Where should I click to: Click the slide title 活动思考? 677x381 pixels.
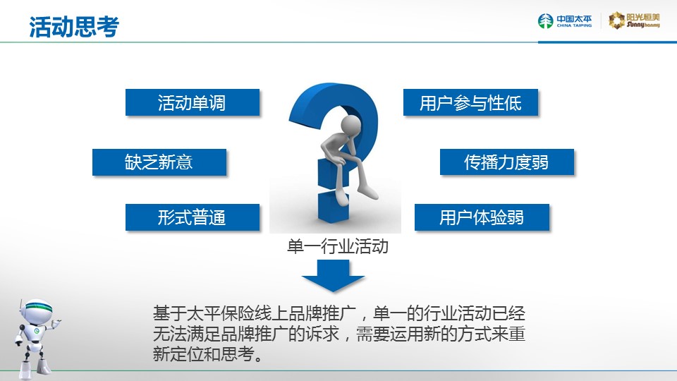tap(74, 27)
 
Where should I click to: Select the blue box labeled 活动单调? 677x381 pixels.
tap(193, 102)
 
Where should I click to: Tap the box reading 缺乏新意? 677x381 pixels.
tap(159, 162)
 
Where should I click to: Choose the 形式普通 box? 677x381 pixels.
tap(193, 217)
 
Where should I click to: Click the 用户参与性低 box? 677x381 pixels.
tap(470, 102)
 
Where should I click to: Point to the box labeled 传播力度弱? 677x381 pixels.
tap(507, 162)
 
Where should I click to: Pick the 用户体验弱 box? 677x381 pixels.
tap(482, 217)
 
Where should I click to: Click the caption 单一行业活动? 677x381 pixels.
tap(338, 246)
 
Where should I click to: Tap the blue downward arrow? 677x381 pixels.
tap(333, 276)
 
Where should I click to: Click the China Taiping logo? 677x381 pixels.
tap(565, 20)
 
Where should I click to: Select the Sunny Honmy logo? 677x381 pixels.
tap(634, 20)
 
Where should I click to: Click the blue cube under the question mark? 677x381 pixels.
tap(333, 207)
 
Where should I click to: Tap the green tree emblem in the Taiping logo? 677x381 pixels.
tap(545, 20)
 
